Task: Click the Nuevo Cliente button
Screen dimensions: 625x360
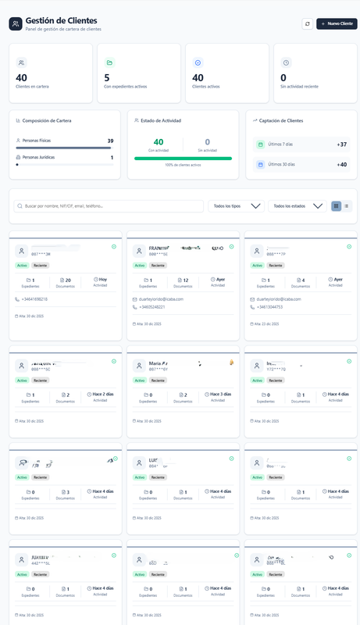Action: tap(337, 23)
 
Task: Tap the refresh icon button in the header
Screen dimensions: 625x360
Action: tap(308, 23)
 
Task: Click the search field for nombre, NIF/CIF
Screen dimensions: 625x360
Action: tap(109, 206)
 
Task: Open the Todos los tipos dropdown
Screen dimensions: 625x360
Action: tap(237, 206)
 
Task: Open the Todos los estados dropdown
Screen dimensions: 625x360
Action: tap(297, 206)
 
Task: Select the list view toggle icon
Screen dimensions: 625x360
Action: tap(347, 206)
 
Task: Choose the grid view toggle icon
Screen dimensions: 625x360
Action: tap(336, 206)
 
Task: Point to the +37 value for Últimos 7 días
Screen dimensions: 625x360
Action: tap(341, 145)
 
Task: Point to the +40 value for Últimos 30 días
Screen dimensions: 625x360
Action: tap(341, 165)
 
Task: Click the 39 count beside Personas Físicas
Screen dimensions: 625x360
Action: tap(110, 141)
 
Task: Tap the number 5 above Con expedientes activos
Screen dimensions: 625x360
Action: tap(106, 77)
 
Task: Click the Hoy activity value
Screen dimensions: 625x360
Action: tap(102, 279)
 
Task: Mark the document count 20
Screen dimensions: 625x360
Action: tap(68, 279)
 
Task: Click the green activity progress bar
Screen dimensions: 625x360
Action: tap(183, 159)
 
